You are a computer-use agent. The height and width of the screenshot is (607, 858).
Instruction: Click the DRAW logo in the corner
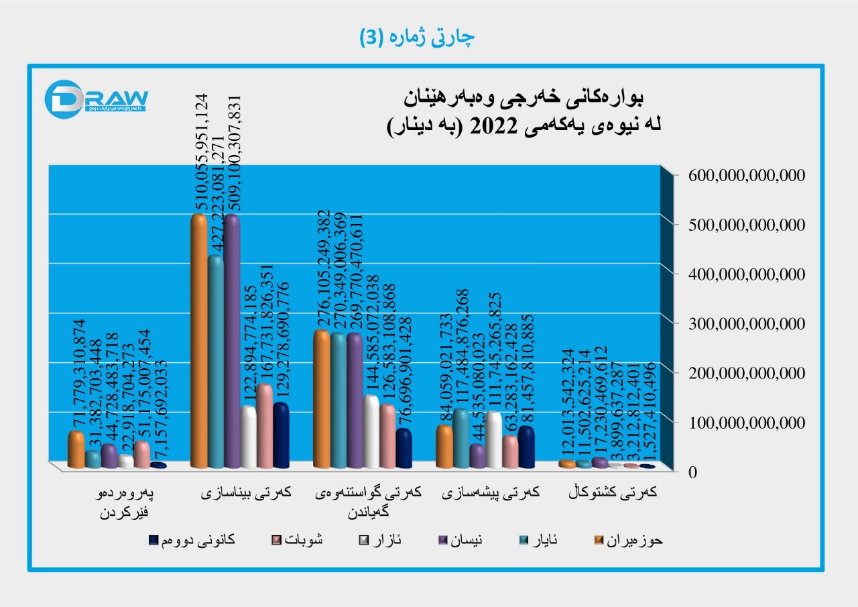pos(95,99)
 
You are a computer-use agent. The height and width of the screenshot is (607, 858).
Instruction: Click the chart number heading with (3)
pos(416,38)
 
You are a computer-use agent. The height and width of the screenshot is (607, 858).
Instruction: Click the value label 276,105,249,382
pos(324,267)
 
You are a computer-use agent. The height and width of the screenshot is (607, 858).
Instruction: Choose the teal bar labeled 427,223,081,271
pos(216,362)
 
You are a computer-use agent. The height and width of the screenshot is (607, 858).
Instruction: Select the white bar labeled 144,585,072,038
pos(371,432)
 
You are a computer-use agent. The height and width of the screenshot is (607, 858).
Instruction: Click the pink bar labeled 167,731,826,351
pos(265,426)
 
